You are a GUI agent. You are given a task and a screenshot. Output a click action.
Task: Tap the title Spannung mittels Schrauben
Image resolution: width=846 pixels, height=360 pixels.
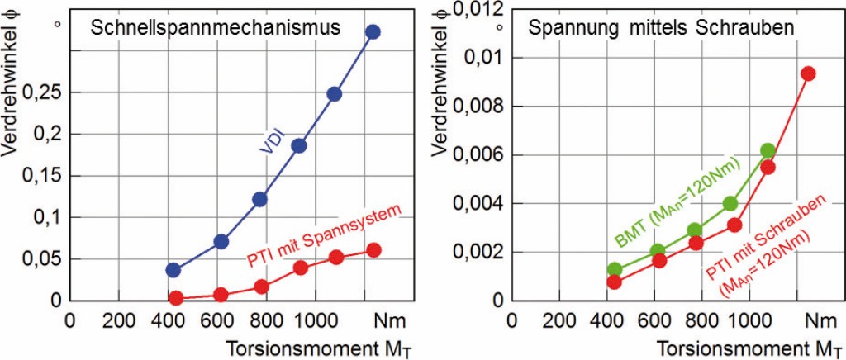point(661,26)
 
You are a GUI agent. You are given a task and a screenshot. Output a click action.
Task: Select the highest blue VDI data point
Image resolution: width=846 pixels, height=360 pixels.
point(372,32)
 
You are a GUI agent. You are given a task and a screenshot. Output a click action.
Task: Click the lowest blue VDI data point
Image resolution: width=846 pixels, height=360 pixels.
point(173,270)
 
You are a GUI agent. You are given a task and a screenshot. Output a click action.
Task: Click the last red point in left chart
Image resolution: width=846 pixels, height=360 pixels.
point(373,250)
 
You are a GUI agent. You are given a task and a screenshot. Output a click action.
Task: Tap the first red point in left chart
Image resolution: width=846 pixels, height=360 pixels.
point(175,297)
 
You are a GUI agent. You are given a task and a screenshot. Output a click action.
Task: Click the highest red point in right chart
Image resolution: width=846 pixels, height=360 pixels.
point(808,73)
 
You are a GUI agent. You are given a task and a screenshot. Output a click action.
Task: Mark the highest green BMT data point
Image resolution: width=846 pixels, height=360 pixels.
point(768,150)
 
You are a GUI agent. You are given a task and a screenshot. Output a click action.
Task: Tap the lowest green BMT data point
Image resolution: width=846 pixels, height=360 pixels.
point(614,269)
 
